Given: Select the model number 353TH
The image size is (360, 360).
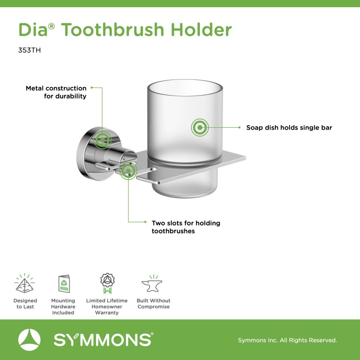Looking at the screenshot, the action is click(29, 50).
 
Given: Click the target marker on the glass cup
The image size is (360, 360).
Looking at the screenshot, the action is click(200, 127).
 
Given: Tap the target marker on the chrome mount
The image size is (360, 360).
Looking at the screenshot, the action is click(102, 140).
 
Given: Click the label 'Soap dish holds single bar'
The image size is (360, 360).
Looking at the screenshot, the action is click(289, 128).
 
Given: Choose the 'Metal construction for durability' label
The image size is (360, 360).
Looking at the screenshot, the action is click(56, 92).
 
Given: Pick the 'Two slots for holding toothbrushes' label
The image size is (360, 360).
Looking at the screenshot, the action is click(186, 227).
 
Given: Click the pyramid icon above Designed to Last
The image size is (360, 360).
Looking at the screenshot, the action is click(24, 283).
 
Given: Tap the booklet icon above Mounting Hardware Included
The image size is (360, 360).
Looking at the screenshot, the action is click(64, 284).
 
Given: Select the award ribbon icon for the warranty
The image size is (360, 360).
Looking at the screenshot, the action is click(107, 283).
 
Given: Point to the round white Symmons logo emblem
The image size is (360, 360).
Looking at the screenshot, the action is click(29, 340).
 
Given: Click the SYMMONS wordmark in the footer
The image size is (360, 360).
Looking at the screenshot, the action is click(103, 340).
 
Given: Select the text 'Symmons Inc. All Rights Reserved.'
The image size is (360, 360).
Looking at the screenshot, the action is click(288, 340).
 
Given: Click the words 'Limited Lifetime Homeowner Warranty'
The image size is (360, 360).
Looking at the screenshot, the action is click(107, 306).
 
